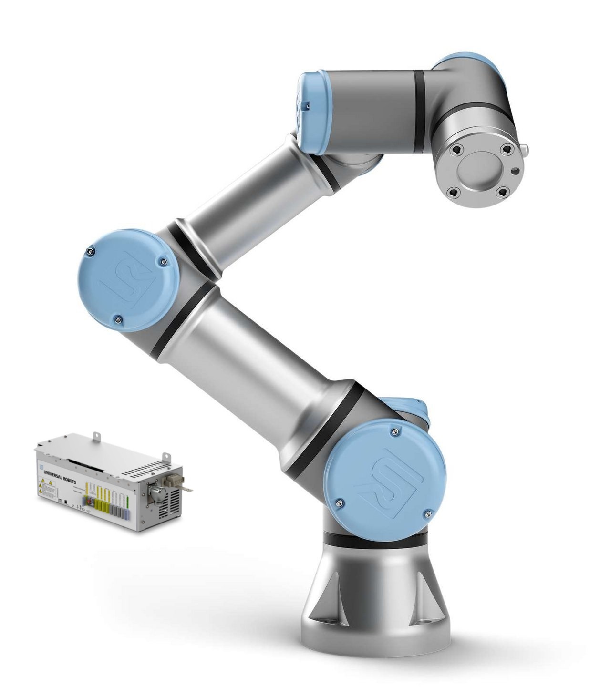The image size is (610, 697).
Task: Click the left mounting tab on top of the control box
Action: (x=97, y=436)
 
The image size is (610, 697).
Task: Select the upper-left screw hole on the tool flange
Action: (x=457, y=150)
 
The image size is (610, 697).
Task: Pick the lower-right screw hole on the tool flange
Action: (x=502, y=192)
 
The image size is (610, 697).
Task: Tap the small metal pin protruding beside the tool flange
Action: (x=525, y=151)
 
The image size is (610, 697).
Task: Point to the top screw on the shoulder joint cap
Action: (x=393, y=431)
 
